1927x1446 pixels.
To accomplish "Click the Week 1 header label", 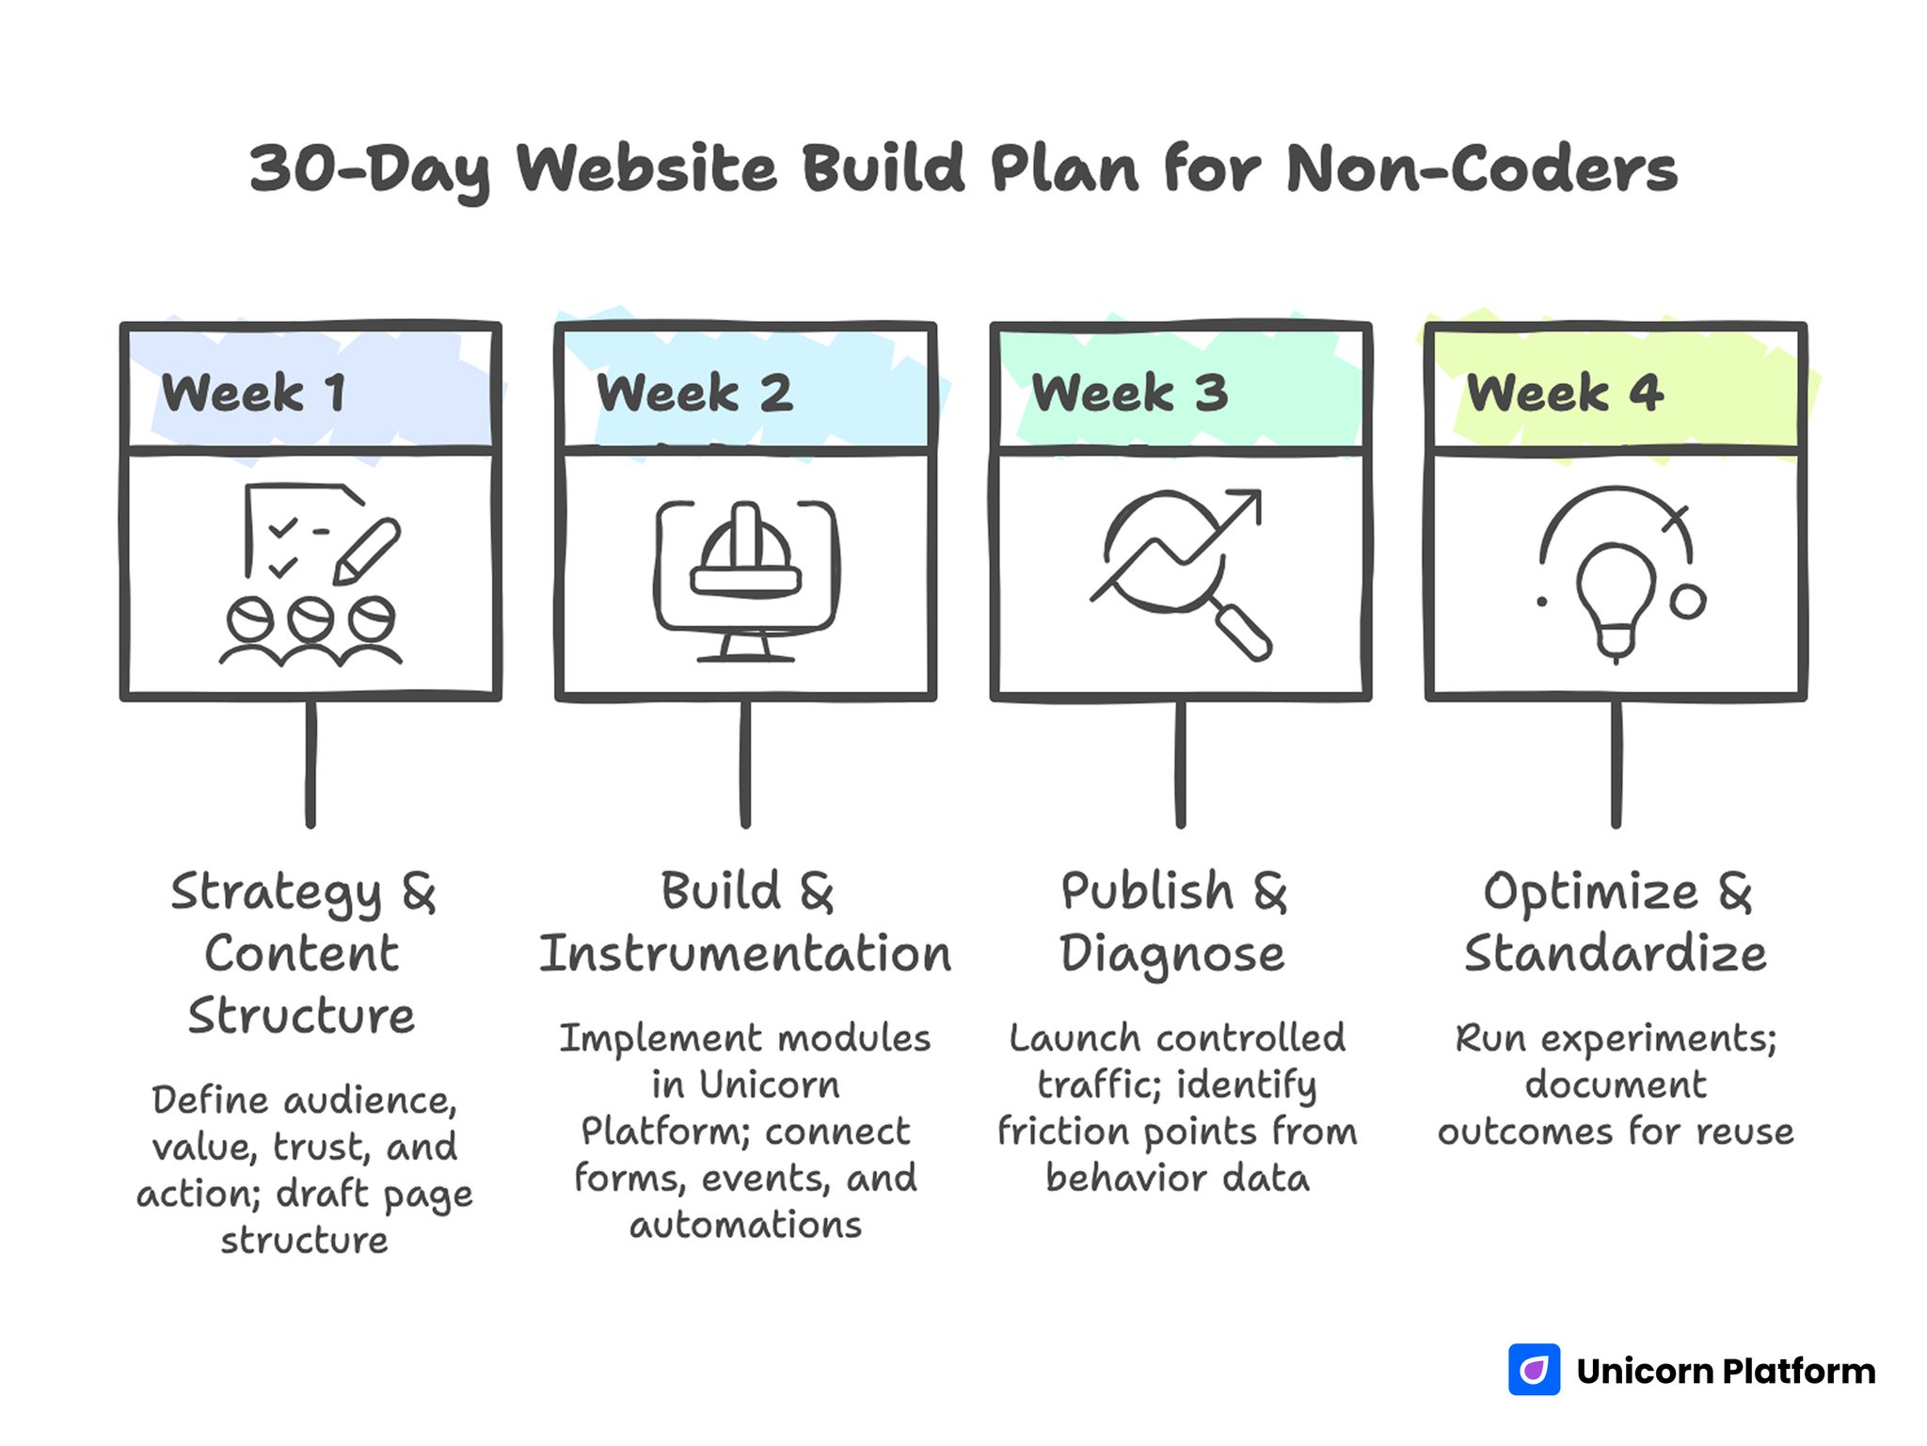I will (254, 393).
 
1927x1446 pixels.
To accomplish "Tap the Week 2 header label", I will (694, 393).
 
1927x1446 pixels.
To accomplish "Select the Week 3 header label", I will (1130, 393).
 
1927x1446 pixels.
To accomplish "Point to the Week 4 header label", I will (1565, 393).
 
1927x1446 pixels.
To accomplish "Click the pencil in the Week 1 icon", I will (368, 551).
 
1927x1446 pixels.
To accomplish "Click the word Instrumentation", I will (745, 954).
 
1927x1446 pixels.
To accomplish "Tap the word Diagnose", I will (1172, 954).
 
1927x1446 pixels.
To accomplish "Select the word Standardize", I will (1616, 954).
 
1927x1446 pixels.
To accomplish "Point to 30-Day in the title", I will (370, 169).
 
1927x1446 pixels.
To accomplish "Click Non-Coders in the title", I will (1481, 169).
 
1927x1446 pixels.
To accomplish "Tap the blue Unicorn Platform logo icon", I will (1534, 1370).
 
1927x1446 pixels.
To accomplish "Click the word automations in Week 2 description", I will (745, 1225).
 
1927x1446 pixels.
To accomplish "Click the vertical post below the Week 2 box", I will (745, 763).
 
